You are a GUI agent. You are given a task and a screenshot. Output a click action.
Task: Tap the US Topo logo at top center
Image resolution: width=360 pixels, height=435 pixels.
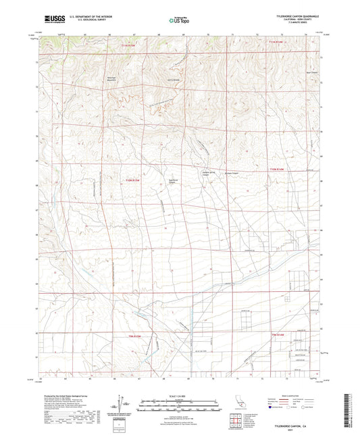coord(179,21)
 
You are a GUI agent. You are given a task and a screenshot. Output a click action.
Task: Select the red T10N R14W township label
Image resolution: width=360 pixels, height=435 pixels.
coord(278,169)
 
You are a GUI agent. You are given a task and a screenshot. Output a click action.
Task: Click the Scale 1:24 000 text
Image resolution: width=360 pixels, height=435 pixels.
coord(179,395)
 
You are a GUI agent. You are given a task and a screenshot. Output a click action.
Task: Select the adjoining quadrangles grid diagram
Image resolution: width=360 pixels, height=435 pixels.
coord(237,419)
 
